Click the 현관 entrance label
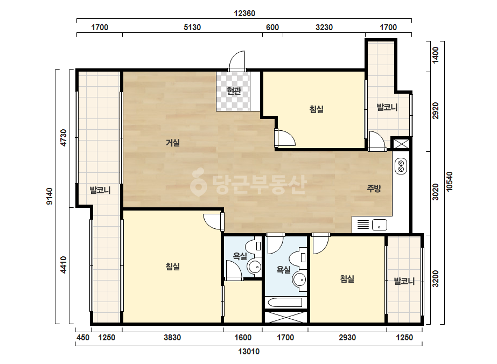tap(234, 91)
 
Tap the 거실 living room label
tap(173, 143)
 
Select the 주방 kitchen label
tap(374, 188)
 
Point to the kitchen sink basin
tap(380, 225)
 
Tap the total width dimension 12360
tap(244, 13)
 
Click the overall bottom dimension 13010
tap(249, 351)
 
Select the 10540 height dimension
tap(449, 181)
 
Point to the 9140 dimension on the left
tap(50, 196)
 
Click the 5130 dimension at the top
tap(192, 27)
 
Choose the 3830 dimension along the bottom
tap(172, 338)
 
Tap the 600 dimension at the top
tap(272, 27)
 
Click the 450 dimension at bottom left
tap(83, 338)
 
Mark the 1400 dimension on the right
tap(436, 55)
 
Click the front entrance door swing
tap(237, 61)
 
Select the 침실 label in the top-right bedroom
tap(316, 109)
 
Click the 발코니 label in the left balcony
tap(100, 190)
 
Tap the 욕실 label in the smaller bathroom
tap(240, 256)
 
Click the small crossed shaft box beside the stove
tap(401, 144)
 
